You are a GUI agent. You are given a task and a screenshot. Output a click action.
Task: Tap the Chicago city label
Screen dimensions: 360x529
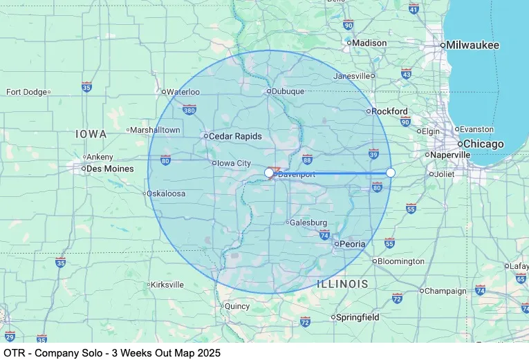[483, 144]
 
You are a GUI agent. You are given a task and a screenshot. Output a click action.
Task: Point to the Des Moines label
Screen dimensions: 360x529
[109, 169]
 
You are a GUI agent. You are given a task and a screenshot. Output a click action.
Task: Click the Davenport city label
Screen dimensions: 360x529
[296, 174]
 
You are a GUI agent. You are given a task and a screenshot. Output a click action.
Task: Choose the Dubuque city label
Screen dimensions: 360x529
[288, 91]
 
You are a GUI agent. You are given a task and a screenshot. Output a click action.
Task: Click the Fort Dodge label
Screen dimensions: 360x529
[26, 92]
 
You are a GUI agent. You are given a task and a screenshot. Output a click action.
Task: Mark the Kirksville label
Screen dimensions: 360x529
[167, 284]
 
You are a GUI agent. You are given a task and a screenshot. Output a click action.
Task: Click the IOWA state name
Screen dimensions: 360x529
[91, 133]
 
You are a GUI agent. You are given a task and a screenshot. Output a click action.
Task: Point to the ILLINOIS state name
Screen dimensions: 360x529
[342, 284]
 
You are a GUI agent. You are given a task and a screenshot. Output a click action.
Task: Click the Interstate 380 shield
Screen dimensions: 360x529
[189, 109]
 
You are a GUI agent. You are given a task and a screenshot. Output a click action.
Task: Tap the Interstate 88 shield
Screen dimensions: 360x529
[307, 159]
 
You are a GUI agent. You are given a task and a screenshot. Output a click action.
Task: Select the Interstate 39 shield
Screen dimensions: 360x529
[373, 153]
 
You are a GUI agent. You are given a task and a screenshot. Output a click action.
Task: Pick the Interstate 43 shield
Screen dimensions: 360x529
[406, 74]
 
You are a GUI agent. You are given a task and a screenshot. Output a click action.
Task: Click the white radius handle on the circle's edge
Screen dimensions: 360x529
[391, 172]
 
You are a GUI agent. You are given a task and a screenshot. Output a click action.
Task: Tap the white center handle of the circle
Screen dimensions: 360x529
[270, 172]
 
